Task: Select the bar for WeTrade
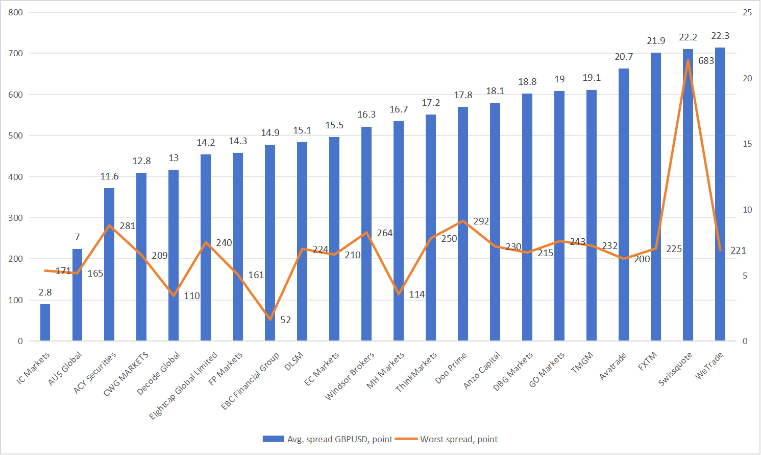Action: [x=720, y=194]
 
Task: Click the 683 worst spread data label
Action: [x=706, y=61]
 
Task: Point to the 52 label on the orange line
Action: [x=285, y=320]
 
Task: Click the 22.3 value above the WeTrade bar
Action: [x=720, y=36]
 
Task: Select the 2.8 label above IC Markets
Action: [x=45, y=292]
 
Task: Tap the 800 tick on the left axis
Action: [x=16, y=12]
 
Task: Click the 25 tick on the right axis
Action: [x=747, y=12]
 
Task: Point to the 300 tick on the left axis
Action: [x=16, y=218]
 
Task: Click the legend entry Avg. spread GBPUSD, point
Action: [x=339, y=439]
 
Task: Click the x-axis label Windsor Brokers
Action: [x=350, y=375]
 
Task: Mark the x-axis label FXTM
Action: [x=648, y=361]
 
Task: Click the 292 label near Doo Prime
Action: [x=481, y=221]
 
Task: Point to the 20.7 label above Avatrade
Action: [x=624, y=57]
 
